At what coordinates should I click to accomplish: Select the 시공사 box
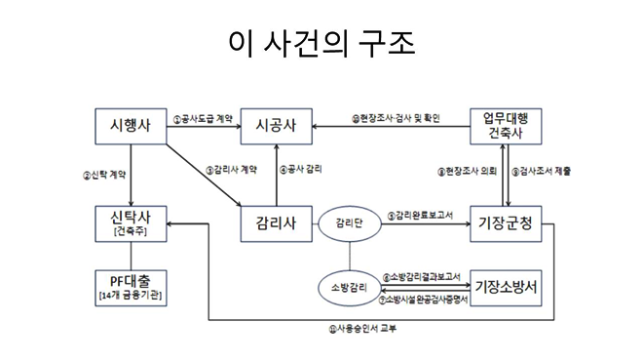click(277, 126)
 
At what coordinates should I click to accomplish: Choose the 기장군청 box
click(506, 222)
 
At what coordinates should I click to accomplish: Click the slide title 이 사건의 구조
click(321, 42)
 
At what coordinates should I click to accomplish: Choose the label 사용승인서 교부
click(362, 328)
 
